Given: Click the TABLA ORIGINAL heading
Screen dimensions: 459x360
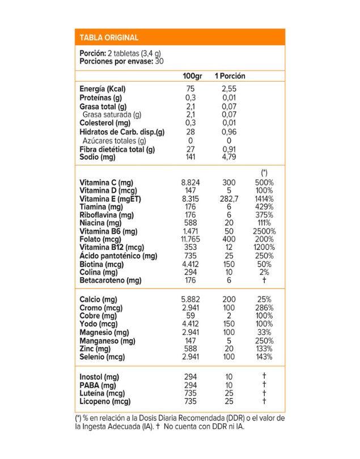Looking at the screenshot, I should pos(109,38).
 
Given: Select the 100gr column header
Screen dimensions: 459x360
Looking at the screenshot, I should pos(192,76).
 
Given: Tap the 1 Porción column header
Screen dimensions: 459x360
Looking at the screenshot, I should pos(230,76).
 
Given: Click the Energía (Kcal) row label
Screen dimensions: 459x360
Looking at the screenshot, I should pos(103,89).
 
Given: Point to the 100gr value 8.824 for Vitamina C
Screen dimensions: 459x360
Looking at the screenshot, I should pos(190,182).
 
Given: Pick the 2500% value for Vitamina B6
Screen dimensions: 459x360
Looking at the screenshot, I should pos(264,231).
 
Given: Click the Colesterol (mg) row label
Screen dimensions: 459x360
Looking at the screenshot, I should pos(104,123).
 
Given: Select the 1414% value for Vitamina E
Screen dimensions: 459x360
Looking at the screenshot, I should pos(264,199).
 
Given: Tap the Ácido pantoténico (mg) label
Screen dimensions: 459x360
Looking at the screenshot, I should pos(118,256).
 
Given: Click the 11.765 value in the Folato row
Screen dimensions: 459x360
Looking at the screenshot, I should pos(190,239).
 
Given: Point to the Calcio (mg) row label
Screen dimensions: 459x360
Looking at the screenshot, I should pos(99,299).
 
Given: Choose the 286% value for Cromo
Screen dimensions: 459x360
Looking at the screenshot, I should pos(264,308).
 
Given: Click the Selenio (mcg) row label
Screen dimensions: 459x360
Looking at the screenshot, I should pos(102,357).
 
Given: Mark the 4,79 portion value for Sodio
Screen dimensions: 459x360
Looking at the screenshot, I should pos(229,157).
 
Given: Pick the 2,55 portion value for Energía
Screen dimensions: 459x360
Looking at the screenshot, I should pos(229,89).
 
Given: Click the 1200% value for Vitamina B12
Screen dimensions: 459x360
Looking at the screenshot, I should pos(264,248).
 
